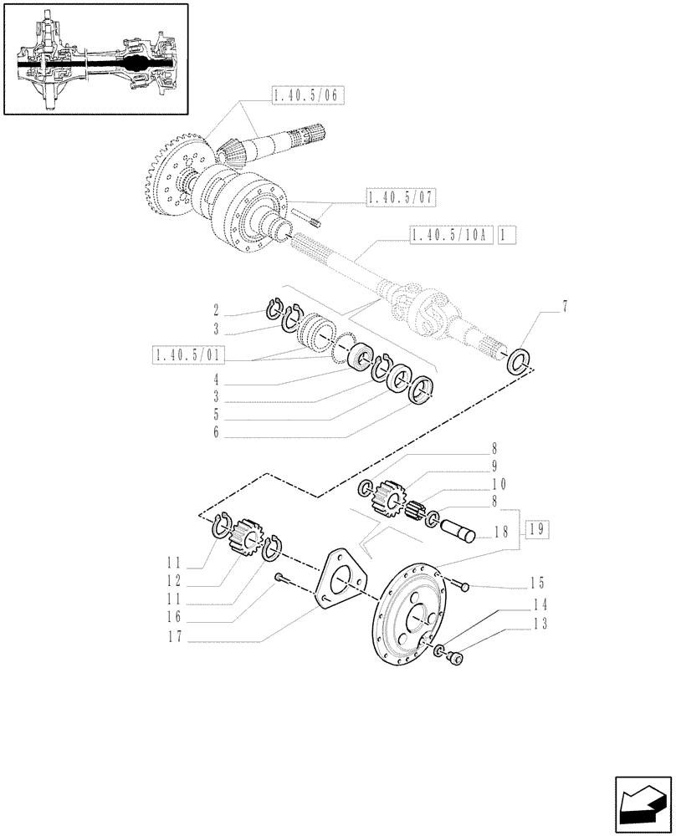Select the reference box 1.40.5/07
pos(402,197)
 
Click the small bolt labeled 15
pos(463,587)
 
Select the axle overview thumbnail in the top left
pos(95,59)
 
